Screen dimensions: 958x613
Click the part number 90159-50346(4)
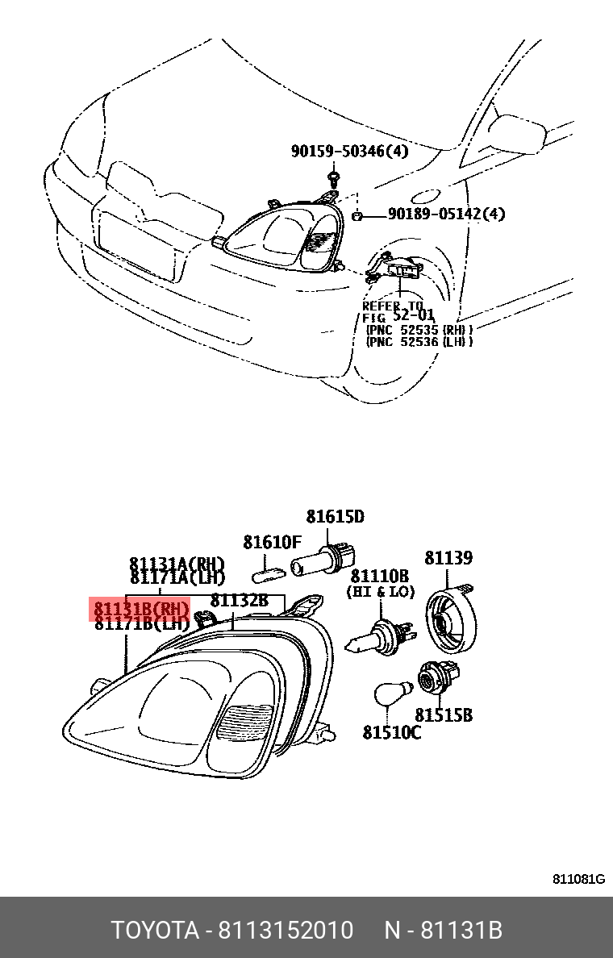coord(349,152)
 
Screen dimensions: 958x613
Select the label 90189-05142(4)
coord(446,214)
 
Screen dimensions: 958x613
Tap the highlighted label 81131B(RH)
coord(142,609)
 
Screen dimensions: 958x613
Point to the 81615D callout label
coord(335,517)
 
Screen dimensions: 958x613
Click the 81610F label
coord(273,542)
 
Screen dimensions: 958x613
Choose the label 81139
coord(449,558)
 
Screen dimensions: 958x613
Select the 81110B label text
coord(379,576)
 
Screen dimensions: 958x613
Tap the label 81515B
coord(444,715)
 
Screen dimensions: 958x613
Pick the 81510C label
coord(391,732)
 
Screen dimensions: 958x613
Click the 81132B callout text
coord(239,601)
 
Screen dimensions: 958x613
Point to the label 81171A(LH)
coord(177,578)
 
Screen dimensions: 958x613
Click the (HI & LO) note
coord(380,592)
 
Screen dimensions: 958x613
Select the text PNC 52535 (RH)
coord(419,329)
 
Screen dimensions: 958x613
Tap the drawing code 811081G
coord(578,879)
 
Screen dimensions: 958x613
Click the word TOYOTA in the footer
coord(154,931)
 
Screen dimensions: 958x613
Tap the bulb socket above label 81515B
coord(436,676)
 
